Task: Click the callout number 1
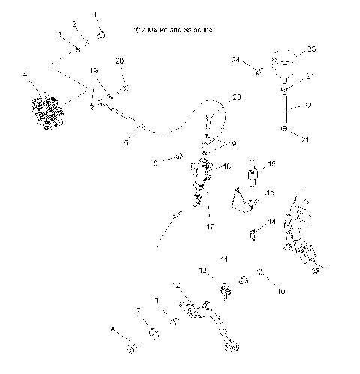[x=95, y=14]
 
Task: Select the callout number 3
[x=60, y=35]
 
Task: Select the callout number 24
[x=235, y=59]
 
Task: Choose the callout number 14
[x=272, y=222]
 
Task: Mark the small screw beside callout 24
[x=258, y=71]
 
